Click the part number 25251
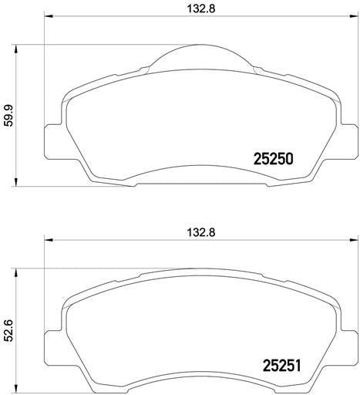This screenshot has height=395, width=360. point(281,366)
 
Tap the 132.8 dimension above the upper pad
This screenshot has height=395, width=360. point(200,8)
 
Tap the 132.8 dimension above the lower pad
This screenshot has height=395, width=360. point(200,232)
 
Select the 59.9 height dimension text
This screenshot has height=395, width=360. point(9,116)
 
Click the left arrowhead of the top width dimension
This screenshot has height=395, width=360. point(49,17)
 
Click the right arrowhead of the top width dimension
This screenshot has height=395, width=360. point(354,17)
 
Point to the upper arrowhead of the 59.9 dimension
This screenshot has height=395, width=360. point(16,49)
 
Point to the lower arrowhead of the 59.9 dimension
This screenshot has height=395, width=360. point(16,181)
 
